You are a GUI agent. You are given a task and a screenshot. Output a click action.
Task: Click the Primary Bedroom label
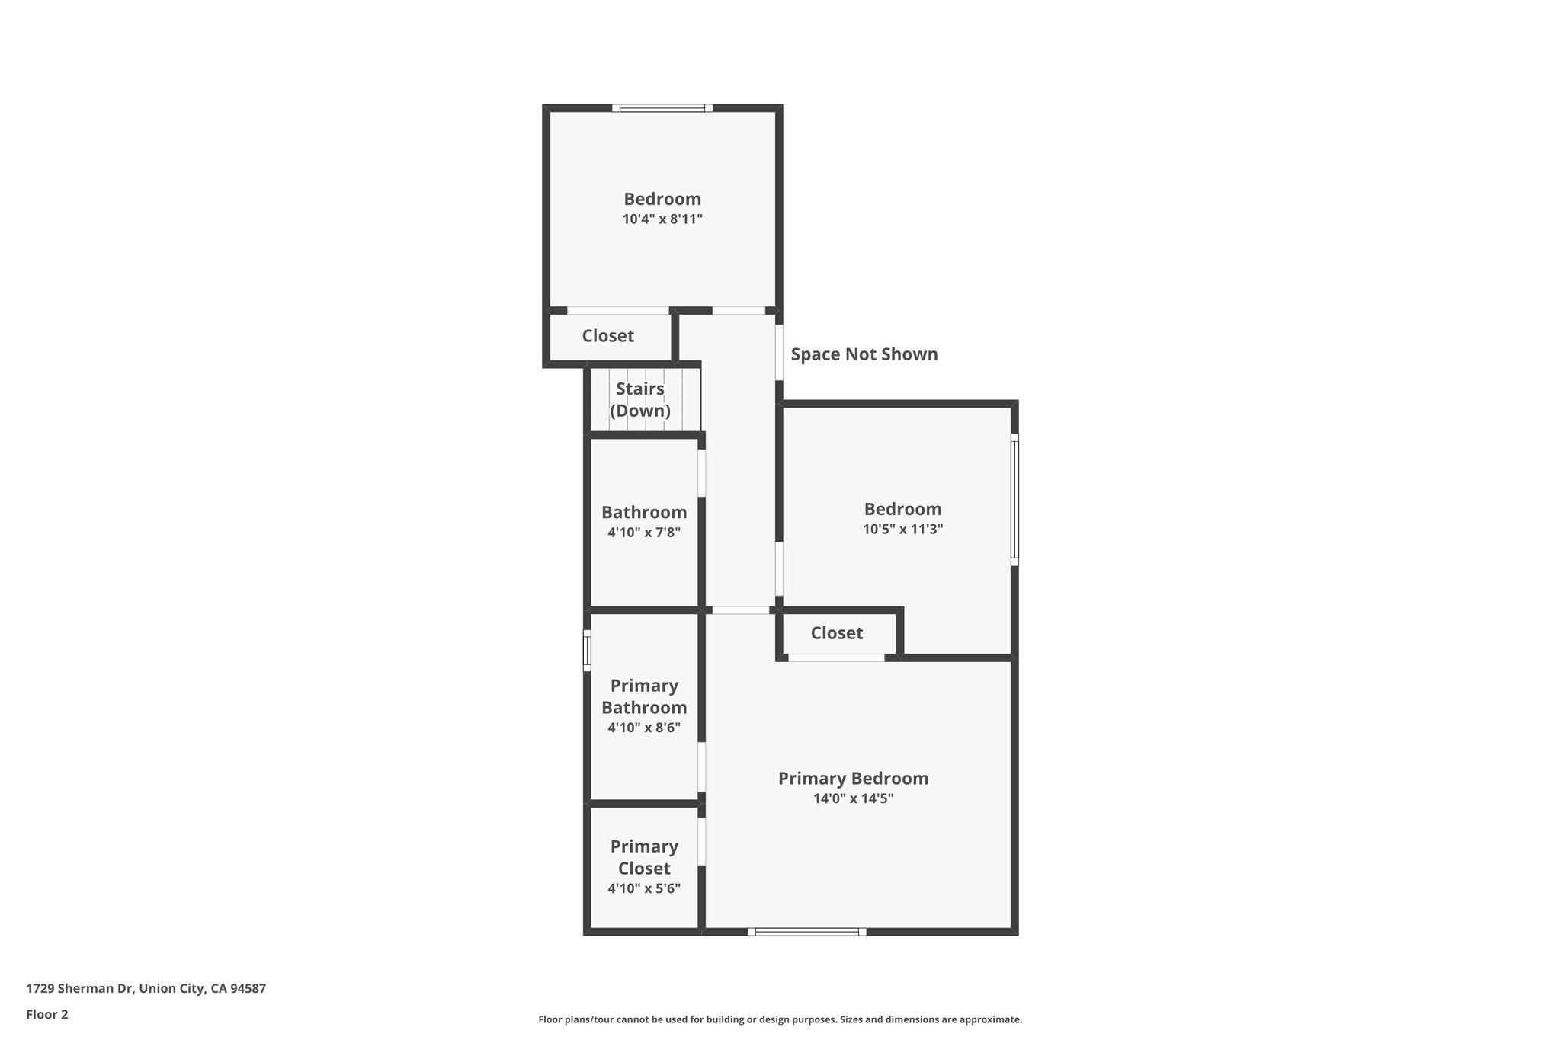(853, 778)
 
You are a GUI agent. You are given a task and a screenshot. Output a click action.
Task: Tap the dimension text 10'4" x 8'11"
(662, 219)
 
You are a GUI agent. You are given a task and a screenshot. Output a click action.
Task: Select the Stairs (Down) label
(639, 399)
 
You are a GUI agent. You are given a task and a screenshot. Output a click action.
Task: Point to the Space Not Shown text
(864, 354)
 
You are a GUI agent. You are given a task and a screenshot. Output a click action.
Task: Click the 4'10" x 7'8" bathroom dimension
(643, 533)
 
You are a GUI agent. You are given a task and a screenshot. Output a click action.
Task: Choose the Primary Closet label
(643, 857)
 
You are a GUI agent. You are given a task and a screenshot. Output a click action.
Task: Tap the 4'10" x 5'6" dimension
(643, 888)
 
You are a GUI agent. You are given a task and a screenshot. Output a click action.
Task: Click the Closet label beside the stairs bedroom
(607, 336)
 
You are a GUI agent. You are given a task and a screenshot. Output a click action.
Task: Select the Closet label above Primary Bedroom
(836, 633)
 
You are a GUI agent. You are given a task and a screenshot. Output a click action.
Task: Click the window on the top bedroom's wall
(662, 108)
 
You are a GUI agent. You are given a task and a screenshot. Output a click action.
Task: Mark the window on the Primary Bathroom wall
(587, 651)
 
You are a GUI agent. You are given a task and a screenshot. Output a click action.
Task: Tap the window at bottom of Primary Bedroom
(806, 931)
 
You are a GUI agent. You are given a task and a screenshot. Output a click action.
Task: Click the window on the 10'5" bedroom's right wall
(1014, 500)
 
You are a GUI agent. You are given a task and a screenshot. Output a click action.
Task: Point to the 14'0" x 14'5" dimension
(853, 798)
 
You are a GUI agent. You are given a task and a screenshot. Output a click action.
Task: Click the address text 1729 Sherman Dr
(146, 988)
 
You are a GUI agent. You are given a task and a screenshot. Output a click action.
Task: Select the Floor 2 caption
(47, 1014)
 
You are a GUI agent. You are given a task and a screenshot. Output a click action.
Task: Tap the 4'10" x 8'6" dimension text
(643, 728)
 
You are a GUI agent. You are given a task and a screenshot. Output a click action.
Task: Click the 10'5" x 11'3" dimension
(902, 529)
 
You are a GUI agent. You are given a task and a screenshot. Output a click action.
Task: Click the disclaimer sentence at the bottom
(780, 1019)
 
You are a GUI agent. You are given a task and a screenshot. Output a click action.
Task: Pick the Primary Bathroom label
(643, 696)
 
